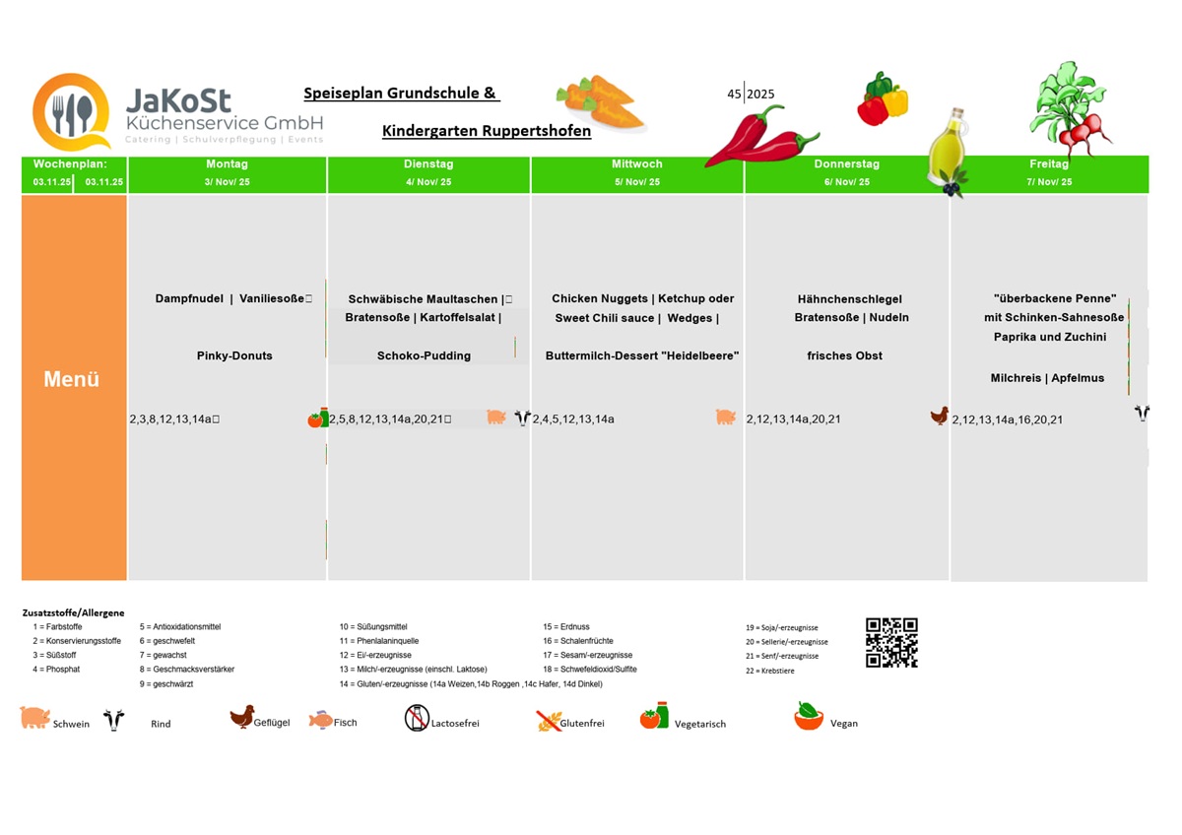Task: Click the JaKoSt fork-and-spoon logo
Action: (71, 112)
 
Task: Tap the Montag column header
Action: (227, 164)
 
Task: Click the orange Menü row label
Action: (72, 379)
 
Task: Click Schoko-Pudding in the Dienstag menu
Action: (424, 355)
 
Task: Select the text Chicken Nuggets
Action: (600, 298)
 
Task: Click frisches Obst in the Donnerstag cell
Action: (844, 355)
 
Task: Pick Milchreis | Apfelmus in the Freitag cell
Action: (1047, 378)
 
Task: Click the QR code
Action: (891, 643)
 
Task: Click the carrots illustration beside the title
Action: (601, 102)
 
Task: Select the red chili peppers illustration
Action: (759, 137)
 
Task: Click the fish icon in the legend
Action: (320, 720)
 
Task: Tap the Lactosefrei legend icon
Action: (417, 718)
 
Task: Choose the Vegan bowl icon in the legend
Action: (809, 717)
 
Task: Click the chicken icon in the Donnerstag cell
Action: (940, 416)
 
